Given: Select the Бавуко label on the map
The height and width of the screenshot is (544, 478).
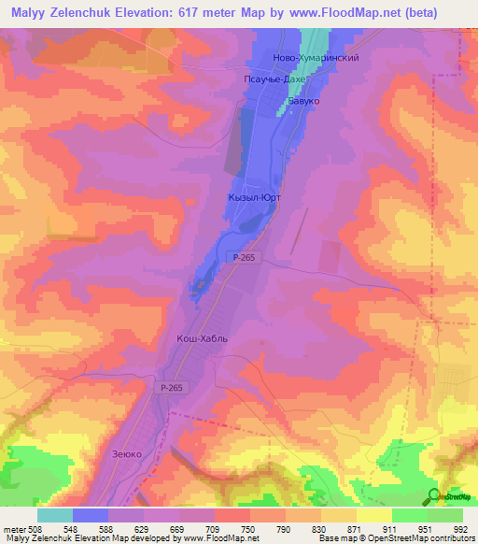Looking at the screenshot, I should tap(303, 99).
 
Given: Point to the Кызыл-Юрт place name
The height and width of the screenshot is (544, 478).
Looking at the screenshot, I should tap(254, 198).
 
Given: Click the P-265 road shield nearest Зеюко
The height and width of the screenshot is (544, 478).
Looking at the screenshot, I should tap(169, 386).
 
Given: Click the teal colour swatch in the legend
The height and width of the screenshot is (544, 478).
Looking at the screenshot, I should tap(54, 515).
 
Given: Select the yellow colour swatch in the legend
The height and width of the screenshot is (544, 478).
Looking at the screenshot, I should tap(373, 515).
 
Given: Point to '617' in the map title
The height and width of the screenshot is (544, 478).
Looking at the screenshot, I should tap(167, 11).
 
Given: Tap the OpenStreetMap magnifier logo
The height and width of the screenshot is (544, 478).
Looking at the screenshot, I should tap(434, 494).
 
